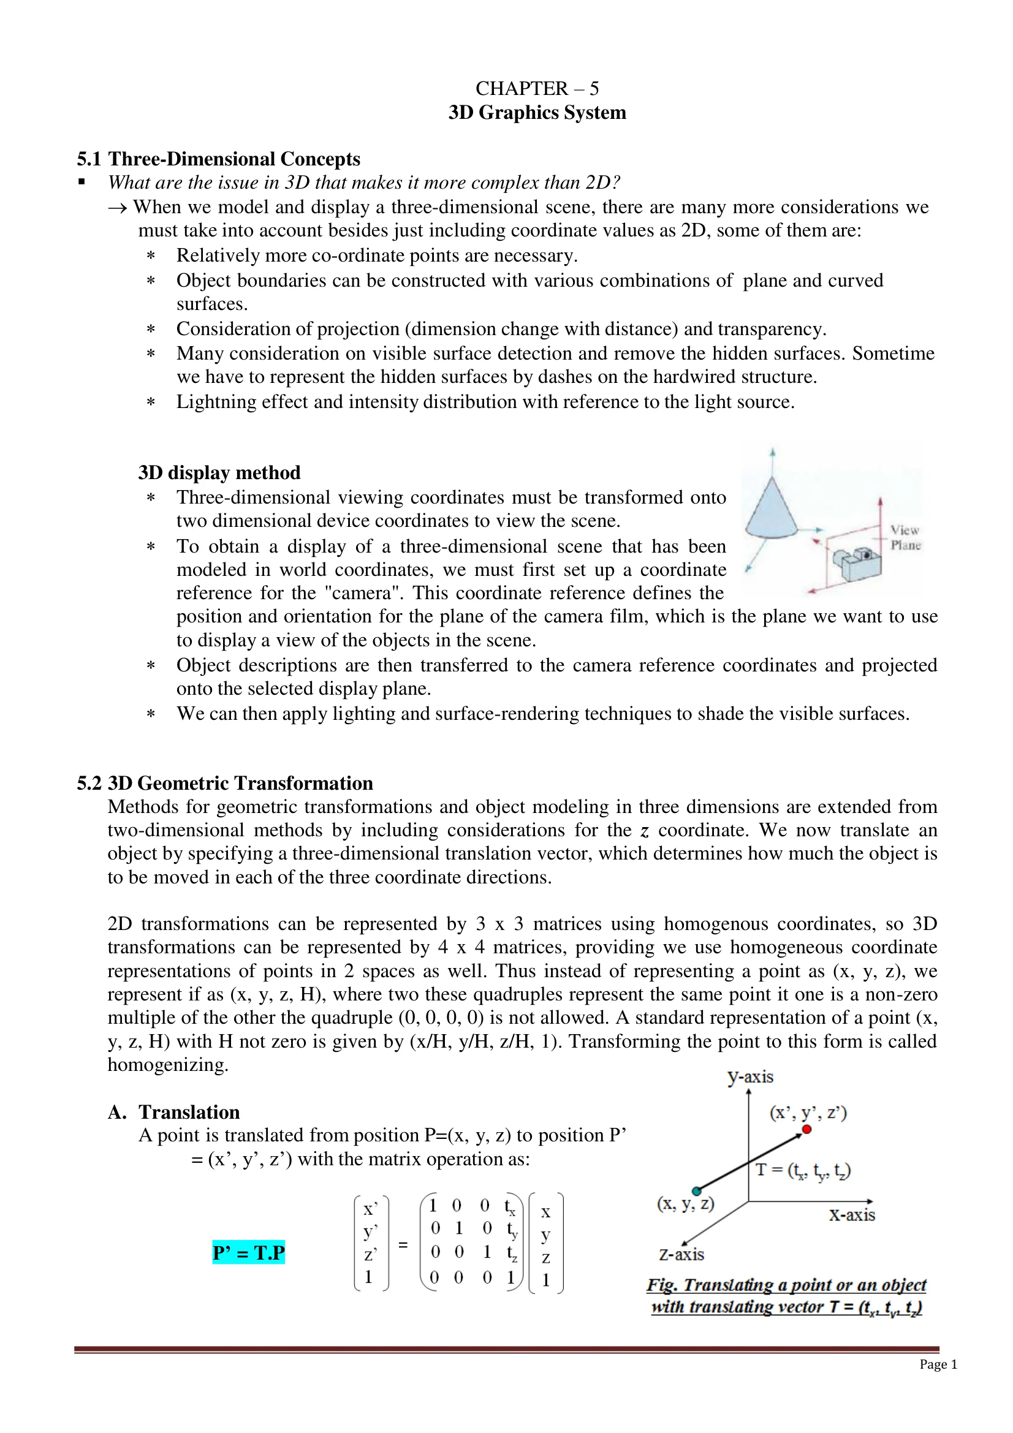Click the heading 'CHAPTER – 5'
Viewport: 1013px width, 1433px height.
pyautogui.click(x=537, y=89)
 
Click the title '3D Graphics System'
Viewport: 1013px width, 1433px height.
pyautogui.click(x=537, y=113)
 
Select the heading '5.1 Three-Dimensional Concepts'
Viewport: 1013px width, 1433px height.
pyautogui.click(x=218, y=159)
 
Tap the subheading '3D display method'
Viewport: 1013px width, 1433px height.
pyautogui.click(x=219, y=472)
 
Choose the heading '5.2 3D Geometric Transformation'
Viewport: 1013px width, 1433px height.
pyautogui.click(x=225, y=784)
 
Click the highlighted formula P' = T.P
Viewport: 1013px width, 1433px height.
pyautogui.click(x=248, y=1253)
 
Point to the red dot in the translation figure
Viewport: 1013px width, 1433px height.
pyautogui.click(x=806, y=1129)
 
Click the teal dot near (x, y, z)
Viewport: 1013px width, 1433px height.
pyautogui.click(x=697, y=1191)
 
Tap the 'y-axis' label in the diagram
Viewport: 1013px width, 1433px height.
pyautogui.click(x=749, y=1076)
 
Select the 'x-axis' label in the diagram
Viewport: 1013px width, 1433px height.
pyautogui.click(x=851, y=1214)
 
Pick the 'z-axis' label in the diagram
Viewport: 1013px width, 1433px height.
pyautogui.click(x=681, y=1254)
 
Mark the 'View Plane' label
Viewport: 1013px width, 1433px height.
pyautogui.click(x=905, y=537)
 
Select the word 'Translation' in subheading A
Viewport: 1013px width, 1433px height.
pyautogui.click(x=189, y=1112)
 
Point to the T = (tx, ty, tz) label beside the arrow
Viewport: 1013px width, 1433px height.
pyautogui.click(x=803, y=1170)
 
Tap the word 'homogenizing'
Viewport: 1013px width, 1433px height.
pyautogui.click(x=167, y=1065)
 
